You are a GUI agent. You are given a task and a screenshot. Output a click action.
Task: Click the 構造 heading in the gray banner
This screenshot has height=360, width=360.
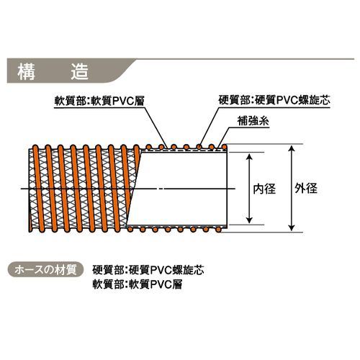coord(53,71)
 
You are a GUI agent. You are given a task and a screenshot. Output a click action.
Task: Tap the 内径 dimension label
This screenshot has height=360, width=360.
coord(264,189)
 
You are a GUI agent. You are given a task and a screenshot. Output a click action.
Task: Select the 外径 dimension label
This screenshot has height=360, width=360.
coord(306,188)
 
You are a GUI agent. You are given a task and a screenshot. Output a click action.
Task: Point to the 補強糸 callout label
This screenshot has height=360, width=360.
coord(253,121)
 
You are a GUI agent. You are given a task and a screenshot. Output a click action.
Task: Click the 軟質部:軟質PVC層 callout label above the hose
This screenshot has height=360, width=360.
coord(99,101)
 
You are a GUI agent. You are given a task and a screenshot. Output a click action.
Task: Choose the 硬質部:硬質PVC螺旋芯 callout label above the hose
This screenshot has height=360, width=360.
coord(274,100)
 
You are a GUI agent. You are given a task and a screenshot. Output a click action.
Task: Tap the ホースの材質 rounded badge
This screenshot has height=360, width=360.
coord(45,270)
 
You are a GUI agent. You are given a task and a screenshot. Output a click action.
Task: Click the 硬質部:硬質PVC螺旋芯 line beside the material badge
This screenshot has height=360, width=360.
coord(148,270)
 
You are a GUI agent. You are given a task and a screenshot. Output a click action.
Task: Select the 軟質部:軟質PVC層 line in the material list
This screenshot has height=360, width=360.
coord(138,284)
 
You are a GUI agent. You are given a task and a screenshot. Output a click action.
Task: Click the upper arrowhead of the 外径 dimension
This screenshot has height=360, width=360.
coord(292,148)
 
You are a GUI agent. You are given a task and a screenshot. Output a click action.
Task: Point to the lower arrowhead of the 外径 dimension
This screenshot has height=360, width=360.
coord(292,228)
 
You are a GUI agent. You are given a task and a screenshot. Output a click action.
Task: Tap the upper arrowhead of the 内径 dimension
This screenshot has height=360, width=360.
coord(249,157)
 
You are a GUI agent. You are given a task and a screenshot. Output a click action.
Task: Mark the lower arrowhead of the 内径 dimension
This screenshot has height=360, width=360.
coord(249,220)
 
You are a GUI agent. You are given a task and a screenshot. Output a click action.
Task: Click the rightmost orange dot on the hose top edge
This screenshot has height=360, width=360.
coord(224,147)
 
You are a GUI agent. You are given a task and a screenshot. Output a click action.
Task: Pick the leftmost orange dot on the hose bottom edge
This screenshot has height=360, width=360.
coord(130,229)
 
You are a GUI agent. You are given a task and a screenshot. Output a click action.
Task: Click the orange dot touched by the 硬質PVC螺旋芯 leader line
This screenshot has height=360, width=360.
coord(199,147)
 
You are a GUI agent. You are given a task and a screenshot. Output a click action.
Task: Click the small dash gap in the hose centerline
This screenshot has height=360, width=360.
coord(160,189)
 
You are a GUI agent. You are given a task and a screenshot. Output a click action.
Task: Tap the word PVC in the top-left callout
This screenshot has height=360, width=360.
coord(123,101)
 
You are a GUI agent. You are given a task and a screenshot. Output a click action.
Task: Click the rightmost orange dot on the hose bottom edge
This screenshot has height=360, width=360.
coord(218,230)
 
